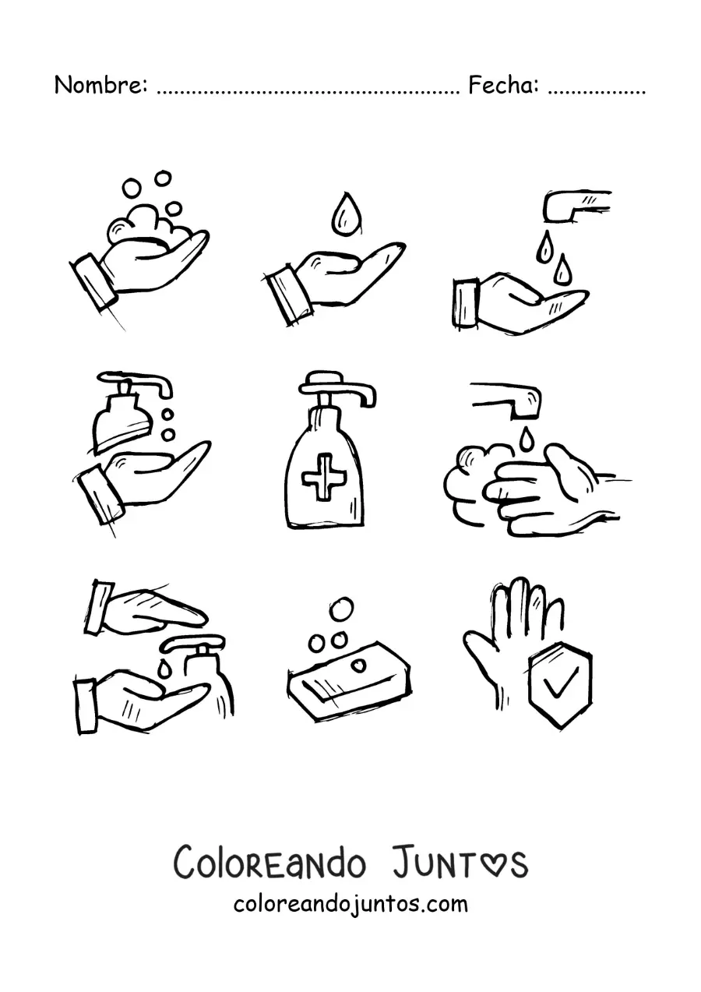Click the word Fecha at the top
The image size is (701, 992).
click(x=503, y=85)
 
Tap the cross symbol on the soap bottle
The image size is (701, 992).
click(x=324, y=477)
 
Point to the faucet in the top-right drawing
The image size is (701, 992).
click(x=576, y=205)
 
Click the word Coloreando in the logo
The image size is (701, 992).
click(x=270, y=864)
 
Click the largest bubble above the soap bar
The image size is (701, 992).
click(x=341, y=610)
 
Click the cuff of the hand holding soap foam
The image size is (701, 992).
click(x=93, y=281)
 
